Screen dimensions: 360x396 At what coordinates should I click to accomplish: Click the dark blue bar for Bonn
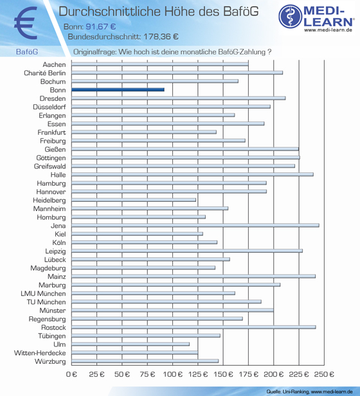point(118,89)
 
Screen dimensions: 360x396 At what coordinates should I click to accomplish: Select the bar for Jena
point(195,225)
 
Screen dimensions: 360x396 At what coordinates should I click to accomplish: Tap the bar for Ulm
point(130,344)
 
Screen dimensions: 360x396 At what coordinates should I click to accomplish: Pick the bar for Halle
point(192,174)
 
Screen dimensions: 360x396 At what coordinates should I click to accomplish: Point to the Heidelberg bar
point(134,200)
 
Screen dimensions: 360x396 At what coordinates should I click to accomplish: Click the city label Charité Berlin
point(45,73)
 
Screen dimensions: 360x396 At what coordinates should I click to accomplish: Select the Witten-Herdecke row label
point(40,353)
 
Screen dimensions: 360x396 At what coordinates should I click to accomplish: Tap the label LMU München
point(43,293)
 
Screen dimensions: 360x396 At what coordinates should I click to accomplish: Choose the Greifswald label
point(50,166)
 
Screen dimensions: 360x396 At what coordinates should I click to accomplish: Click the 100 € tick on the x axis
point(172,374)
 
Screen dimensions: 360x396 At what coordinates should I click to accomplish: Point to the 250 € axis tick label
point(324,374)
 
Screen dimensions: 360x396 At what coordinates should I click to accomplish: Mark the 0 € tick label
point(71,374)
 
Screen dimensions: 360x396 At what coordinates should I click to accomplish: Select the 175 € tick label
point(249,374)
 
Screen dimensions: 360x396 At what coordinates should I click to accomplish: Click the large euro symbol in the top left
point(26,23)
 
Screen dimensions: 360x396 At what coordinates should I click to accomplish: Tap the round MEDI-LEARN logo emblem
point(291,16)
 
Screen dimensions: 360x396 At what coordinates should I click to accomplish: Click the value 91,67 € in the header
point(101,26)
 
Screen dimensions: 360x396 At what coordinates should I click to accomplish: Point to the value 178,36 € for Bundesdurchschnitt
point(161,37)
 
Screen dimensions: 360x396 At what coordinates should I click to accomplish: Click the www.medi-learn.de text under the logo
point(328,30)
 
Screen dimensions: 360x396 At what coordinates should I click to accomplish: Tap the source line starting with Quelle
point(309,392)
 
